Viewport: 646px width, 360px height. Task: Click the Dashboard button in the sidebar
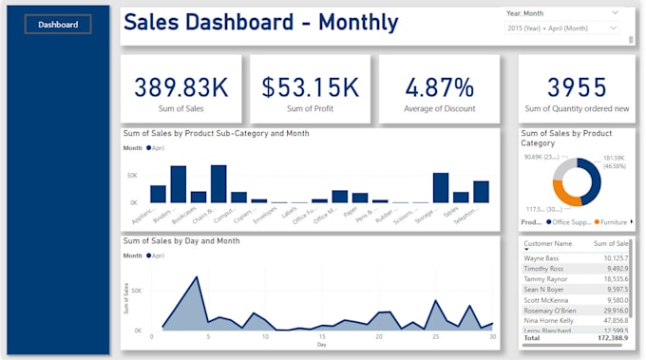(x=58, y=25)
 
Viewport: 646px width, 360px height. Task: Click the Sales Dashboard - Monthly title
(x=261, y=23)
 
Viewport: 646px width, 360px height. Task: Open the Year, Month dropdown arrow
(x=615, y=12)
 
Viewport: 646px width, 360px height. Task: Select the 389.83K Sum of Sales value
(x=180, y=87)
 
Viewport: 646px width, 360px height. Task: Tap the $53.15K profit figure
(x=311, y=87)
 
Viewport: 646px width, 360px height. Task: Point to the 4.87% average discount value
(x=439, y=87)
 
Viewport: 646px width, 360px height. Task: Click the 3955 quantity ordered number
(x=577, y=87)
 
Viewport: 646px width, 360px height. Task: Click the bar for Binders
(x=178, y=183)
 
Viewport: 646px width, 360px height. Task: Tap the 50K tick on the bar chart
(x=132, y=176)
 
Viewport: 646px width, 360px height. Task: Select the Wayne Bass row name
(x=542, y=257)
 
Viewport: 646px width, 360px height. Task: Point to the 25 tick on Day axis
(x=436, y=336)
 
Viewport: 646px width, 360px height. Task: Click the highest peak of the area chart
(x=197, y=277)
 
